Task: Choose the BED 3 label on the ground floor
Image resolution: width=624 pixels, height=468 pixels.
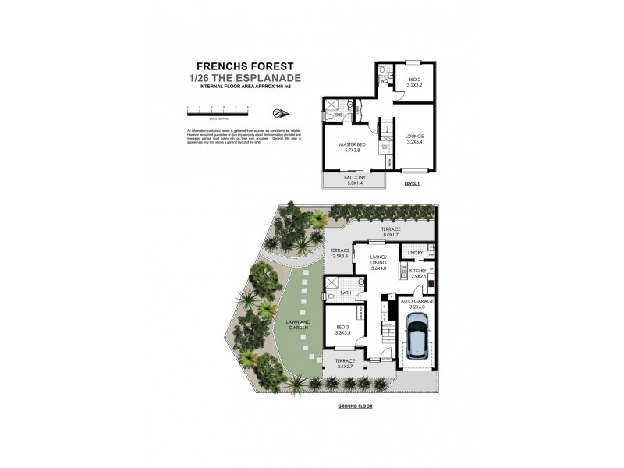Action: pos(341,330)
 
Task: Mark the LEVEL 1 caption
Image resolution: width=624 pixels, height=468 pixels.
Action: pos(412,184)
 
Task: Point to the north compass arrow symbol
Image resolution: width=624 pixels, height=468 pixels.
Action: pos(280,111)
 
